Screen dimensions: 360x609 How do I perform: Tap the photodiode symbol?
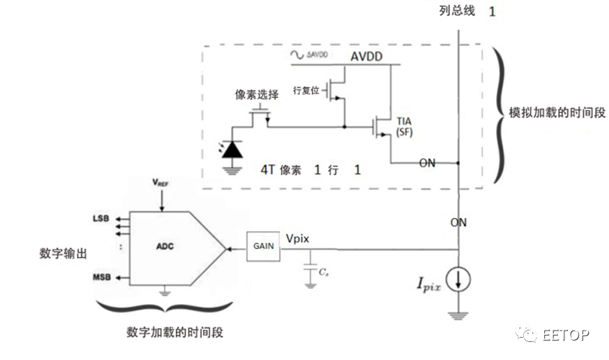point(231,148)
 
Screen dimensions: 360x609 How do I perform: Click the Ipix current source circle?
point(458,279)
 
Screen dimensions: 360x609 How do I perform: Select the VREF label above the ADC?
point(162,184)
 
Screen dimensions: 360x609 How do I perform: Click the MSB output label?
point(101,277)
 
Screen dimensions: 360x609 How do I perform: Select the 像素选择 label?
point(257,96)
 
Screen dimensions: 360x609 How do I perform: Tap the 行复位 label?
point(306,91)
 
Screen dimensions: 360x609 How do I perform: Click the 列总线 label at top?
point(458,11)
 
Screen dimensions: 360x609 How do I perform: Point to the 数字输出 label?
point(63,254)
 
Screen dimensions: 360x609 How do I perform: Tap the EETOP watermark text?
point(565,335)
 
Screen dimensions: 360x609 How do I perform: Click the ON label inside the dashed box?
point(427,163)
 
